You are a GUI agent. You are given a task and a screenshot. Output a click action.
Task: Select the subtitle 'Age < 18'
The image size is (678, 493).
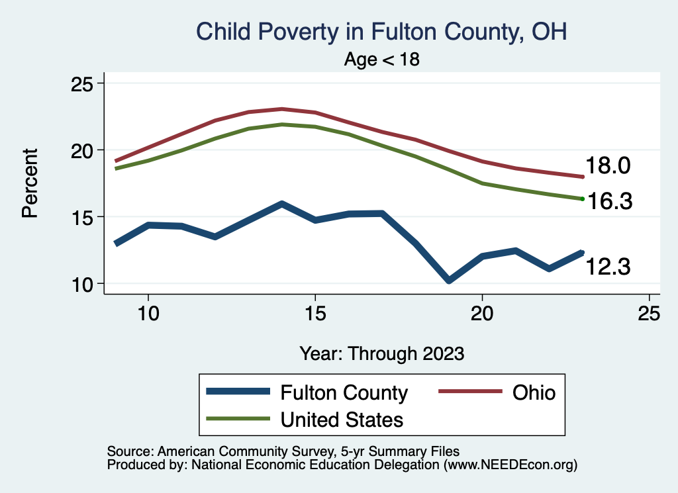[x=382, y=60]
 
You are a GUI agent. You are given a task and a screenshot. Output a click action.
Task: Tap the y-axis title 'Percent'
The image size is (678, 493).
[x=29, y=183]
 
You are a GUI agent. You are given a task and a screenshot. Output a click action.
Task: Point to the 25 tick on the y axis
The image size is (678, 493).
[x=83, y=84]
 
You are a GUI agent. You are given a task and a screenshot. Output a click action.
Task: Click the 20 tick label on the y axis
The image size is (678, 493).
[x=83, y=150]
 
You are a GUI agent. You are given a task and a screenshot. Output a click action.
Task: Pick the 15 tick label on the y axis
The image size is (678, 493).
[x=83, y=217]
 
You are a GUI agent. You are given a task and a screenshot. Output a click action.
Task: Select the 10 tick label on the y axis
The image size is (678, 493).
[x=83, y=284]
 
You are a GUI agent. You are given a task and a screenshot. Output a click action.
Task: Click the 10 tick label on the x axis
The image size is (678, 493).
[x=148, y=314]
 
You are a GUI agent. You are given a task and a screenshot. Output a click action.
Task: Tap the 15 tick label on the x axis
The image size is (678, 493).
[x=315, y=314]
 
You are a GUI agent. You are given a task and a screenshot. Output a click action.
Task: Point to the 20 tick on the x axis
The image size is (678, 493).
[x=482, y=314]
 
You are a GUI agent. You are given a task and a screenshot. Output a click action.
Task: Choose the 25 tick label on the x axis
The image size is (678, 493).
[x=649, y=314]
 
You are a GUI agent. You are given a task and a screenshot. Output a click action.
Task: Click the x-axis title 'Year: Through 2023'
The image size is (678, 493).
[x=381, y=353]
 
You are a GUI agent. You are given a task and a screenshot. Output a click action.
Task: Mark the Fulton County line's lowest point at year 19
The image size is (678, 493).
[x=449, y=281]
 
